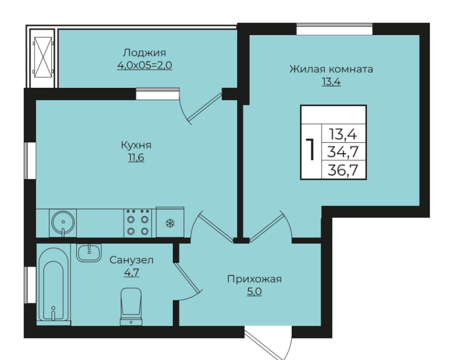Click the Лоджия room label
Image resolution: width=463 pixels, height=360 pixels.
pyautogui.click(x=144, y=53)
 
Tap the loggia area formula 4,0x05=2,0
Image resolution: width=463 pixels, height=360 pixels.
pyautogui.click(x=145, y=65)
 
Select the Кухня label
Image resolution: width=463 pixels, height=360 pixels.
pyautogui.click(x=136, y=145)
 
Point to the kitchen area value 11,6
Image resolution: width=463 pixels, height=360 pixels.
pyautogui.click(x=136, y=157)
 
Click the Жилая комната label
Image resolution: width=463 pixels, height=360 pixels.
pyautogui.click(x=331, y=69)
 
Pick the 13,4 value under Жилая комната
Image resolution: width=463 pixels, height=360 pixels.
pyautogui.click(x=331, y=81)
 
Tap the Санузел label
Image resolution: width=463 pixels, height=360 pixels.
pyautogui.click(x=131, y=260)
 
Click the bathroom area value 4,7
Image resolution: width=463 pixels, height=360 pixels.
pyautogui.click(x=131, y=272)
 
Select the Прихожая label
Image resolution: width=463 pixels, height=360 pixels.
pyautogui.click(x=254, y=279)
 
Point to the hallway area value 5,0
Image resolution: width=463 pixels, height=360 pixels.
pyautogui.click(x=254, y=292)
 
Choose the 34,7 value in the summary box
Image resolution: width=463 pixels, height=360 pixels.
pyautogui.click(x=343, y=152)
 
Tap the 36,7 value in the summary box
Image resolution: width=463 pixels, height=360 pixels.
pyautogui.click(x=343, y=170)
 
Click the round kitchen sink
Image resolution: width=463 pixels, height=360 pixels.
pyautogui.click(x=63, y=222)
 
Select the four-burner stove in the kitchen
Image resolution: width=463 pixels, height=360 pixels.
pyautogui.click(x=138, y=223)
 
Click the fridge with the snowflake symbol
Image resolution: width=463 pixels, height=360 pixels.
pyautogui.click(x=170, y=222)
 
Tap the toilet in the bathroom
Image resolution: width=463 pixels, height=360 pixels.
pyautogui.click(x=131, y=306)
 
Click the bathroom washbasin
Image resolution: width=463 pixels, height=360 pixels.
pyautogui.click(x=89, y=252)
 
